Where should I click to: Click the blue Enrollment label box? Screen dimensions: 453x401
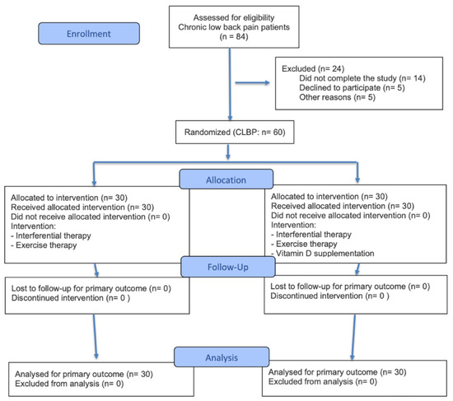pos(89,34)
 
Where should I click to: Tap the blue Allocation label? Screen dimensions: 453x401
pos(226,180)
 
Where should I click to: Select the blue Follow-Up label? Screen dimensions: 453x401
pos(228,267)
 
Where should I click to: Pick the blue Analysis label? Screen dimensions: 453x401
pos(222,357)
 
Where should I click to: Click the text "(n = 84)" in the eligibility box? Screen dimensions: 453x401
pos(234,37)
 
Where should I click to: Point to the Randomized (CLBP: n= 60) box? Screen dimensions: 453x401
pos(235,132)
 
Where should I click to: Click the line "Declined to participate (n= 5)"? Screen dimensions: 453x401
pos(352,87)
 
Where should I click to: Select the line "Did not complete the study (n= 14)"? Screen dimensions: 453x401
pos(362,78)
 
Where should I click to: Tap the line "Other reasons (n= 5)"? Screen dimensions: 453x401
pos(337,97)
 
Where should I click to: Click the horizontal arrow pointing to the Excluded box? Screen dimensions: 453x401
pos(252,83)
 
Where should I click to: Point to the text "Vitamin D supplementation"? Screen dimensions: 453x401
pos(325,254)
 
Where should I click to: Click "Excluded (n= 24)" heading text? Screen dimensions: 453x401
pos(313,68)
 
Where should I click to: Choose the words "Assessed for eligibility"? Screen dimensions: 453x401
pos(234,17)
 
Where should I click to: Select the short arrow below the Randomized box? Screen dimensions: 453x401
pos(228,152)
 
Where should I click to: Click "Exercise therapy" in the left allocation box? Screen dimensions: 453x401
pos(46,245)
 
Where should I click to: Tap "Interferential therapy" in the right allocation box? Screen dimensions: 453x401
pos(314,235)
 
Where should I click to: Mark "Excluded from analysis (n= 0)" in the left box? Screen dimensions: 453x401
pos(69,384)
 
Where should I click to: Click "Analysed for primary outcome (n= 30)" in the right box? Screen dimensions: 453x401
pos(337,372)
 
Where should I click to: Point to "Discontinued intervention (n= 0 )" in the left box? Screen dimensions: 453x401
pos(71,298)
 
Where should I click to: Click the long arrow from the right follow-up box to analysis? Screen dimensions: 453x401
pos(353,337)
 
